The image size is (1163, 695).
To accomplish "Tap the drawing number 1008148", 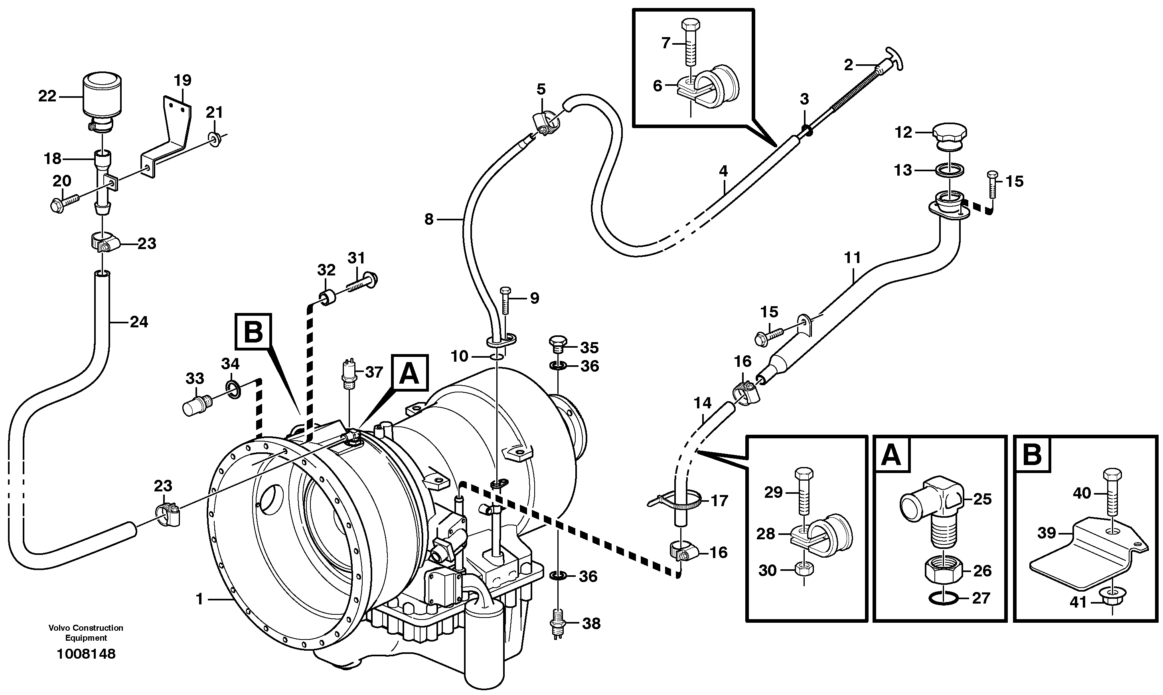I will [86, 654].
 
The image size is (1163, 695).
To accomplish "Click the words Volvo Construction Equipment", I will [86, 633].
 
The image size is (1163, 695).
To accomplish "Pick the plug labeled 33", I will [195, 406].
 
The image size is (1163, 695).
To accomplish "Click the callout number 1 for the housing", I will [200, 599].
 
